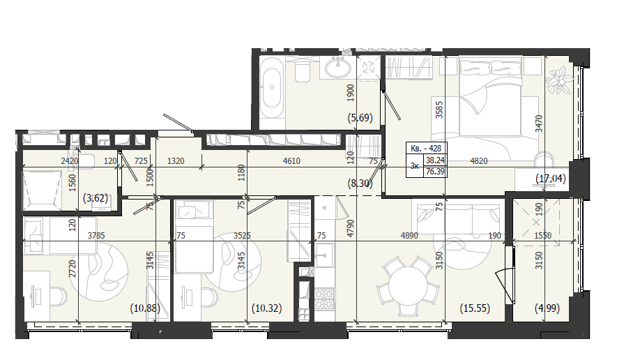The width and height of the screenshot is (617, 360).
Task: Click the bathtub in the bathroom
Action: [271, 88]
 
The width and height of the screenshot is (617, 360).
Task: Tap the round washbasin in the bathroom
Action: [337, 67]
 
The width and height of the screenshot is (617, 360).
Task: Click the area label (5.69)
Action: [360, 118]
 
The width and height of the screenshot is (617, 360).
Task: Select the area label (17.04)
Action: [551, 179]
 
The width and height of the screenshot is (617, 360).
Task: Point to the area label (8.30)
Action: [360, 183]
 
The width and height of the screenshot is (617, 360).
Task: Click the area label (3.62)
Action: [96, 198]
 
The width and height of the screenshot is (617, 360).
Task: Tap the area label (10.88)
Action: [145, 308]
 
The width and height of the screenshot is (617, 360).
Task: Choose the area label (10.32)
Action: [266, 308]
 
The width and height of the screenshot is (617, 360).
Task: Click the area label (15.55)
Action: [475, 308]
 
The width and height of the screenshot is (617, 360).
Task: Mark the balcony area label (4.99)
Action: [547, 308]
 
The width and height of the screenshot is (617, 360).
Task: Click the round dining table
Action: [408, 286]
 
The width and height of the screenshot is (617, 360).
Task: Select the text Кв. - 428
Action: [426, 149]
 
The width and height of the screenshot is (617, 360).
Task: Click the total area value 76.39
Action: [435, 172]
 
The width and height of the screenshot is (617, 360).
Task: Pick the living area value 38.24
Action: [435, 160]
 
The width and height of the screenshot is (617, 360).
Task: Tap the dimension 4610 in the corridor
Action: [291, 160]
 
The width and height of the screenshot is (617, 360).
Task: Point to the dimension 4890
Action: [409, 236]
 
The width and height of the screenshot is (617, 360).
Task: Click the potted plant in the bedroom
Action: [558, 80]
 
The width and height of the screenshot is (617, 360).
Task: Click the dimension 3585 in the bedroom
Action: [439, 110]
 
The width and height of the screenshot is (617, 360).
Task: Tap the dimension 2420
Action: [70, 160]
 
